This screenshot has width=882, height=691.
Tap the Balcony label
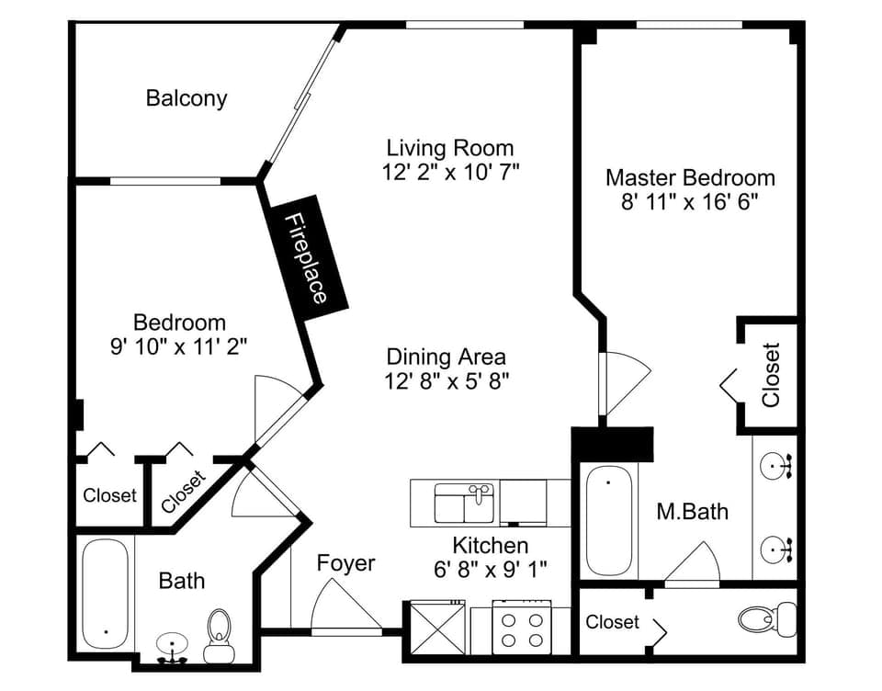(x=187, y=98)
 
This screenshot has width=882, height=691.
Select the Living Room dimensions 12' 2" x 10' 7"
(x=450, y=172)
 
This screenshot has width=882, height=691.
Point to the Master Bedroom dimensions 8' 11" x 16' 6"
(x=690, y=201)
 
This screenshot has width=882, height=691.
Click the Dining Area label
(x=446, y=357)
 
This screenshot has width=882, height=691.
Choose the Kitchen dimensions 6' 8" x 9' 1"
(x=491, y=569)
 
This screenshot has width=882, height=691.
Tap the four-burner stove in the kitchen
(x=520, y=628)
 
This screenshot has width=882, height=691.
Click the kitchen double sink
(x=465, y=504)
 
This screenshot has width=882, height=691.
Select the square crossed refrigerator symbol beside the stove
(x=437, y=628)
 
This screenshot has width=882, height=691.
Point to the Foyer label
(x=346, y=562)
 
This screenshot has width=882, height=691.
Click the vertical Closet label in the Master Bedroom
(x=770, y=375)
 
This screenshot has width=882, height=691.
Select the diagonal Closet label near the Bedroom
(x=183, y=491)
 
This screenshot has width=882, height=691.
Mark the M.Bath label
(x=692, y=511)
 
